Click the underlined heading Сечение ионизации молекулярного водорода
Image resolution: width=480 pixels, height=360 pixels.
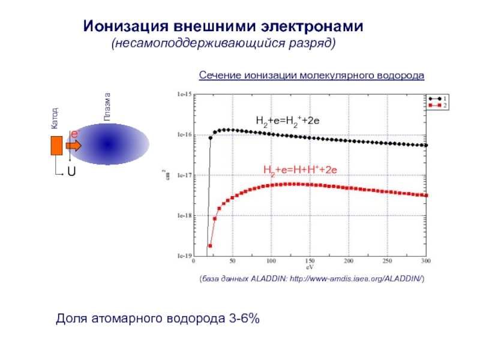(x=311, y=76)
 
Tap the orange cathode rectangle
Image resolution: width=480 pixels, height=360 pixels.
(x=57, y=146)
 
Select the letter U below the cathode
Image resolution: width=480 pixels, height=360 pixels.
(x=71, y=172)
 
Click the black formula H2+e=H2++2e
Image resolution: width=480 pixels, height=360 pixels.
(x=288, y=121)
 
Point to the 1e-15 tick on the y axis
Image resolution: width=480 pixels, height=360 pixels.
(x=182, y=95)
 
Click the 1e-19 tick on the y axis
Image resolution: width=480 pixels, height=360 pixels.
(x=182, y=256)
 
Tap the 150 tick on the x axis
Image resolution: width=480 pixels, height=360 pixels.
(x=310, y=261)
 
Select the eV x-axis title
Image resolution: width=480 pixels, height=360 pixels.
(x=310, y=268)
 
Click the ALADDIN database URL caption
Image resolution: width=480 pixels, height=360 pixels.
(x=312, y=280)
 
